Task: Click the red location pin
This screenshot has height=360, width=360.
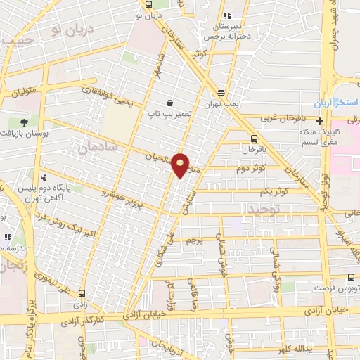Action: click(x=181, y=165)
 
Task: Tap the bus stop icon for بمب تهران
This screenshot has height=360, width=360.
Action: click(x=221, y=92)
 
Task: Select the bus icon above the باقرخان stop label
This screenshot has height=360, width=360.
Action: click(x=254, y=139)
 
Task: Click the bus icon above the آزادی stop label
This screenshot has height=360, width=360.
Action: click(x=82, y=294)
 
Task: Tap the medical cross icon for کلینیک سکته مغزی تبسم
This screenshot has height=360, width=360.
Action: click(x=320, y=121)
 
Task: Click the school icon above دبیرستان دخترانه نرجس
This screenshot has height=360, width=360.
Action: click(x=226, y=15)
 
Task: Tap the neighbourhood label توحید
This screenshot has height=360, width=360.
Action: click(x=264, y=209)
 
